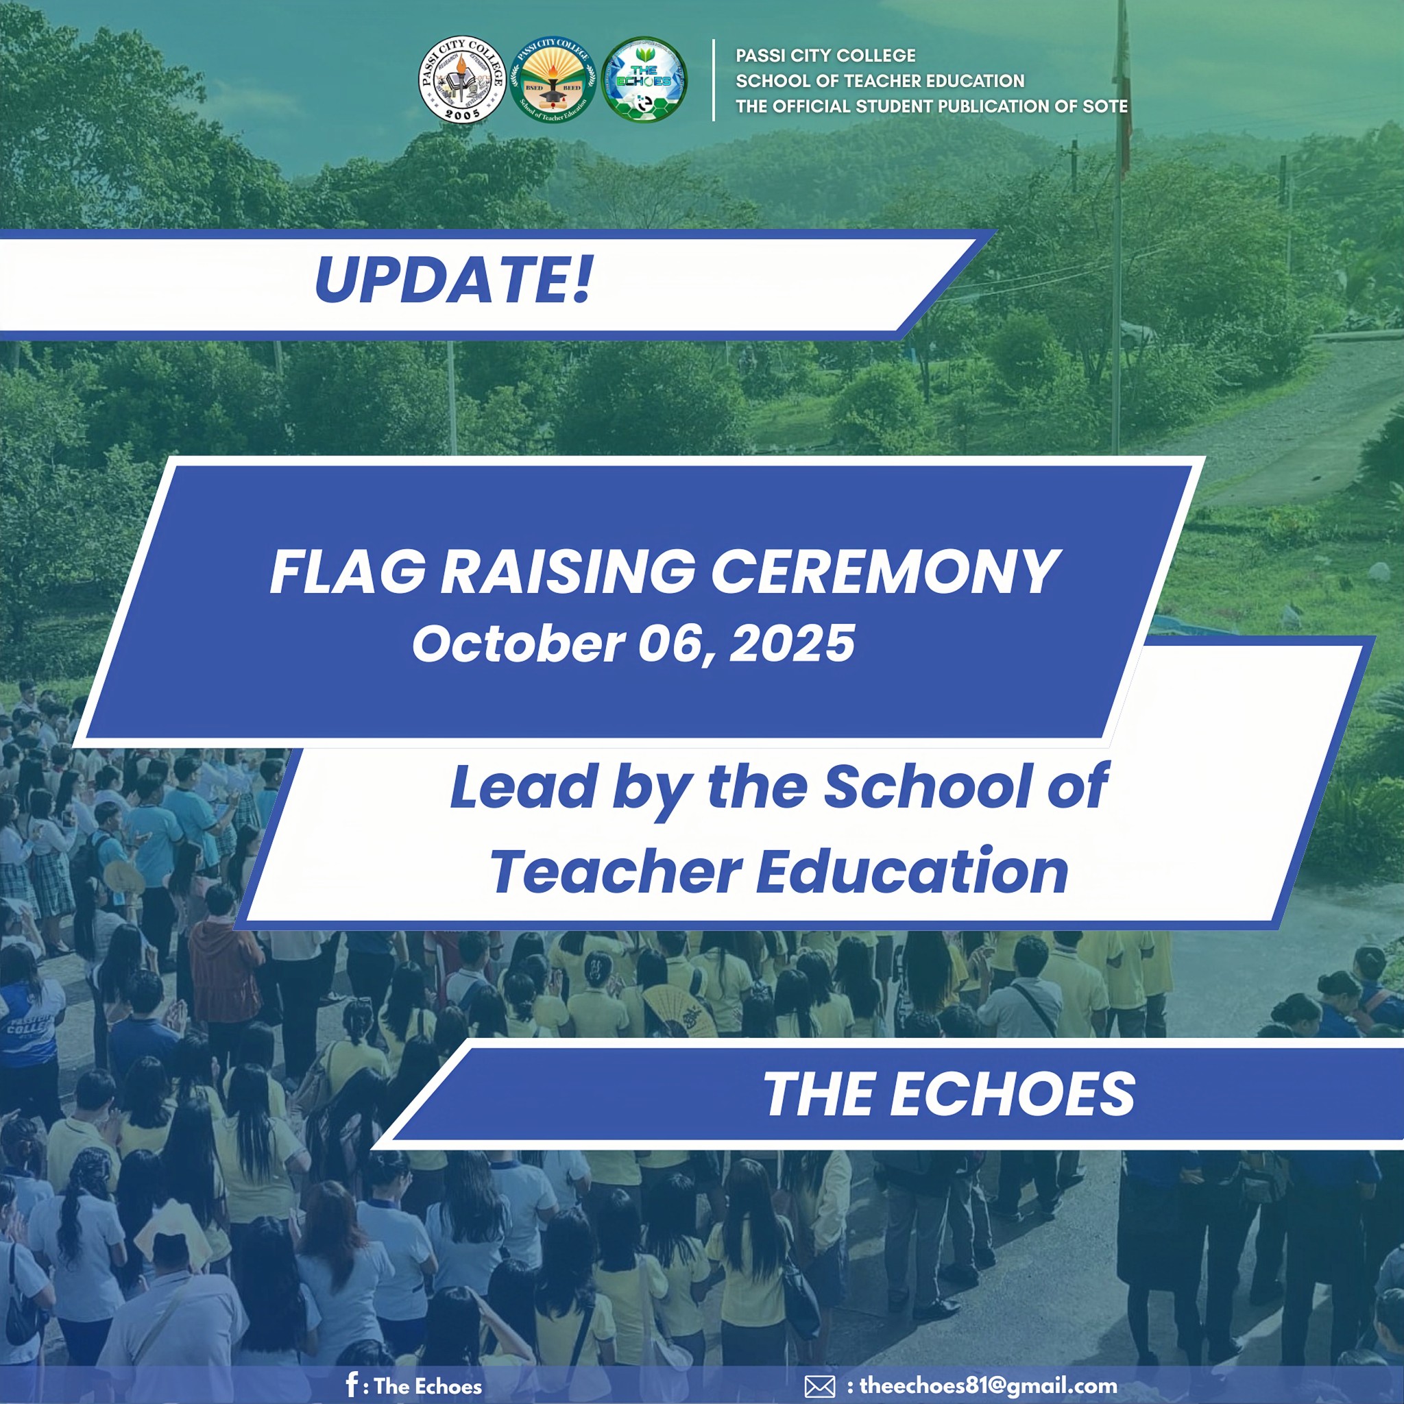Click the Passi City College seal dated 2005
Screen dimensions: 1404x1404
click(x=462, y=80)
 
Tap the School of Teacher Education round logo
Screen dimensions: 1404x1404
click(x=553, y=80)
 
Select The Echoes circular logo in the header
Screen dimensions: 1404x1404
click(x=644, y=80)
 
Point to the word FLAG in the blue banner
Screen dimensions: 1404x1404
click(x=348, y=572)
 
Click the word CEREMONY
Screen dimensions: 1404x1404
click(x=886, y=572)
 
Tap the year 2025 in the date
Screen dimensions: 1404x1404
click(x=792, y=644)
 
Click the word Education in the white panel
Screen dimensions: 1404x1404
click(x=912, y=871)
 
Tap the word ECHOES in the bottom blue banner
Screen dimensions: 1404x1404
click(x=1013, y=1094)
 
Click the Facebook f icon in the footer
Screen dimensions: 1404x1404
click(x=352, y=1384)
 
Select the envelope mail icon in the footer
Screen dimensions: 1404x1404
click(x=820, y=1387)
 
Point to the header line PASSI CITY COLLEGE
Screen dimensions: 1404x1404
click(x=825, y=56)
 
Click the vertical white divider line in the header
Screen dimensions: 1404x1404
click(x=714, y=80)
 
